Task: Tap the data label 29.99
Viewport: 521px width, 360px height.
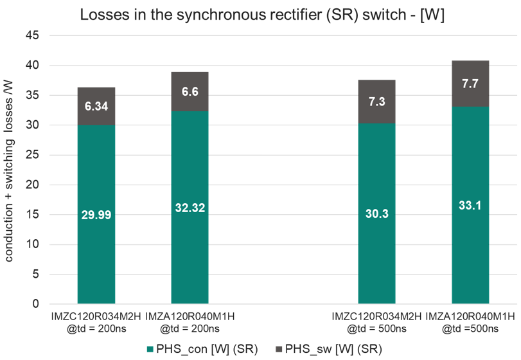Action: click(96, 215)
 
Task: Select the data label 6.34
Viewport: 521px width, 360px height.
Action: click(96, 106)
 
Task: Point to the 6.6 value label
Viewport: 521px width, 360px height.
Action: click(190, 91)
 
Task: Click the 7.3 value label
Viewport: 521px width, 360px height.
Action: click(377, 102)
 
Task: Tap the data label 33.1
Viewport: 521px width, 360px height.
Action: click(470, 206)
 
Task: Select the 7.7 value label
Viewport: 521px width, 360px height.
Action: click(470, 84)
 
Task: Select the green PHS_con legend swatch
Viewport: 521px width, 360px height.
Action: click(150, 349)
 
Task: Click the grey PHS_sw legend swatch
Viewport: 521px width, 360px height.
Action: click(278, 349)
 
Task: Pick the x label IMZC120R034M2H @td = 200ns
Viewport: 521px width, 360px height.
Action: click(96, 322)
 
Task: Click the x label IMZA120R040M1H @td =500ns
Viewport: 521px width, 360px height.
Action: click(470, 322)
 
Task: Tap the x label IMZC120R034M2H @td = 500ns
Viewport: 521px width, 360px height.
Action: click(377, 322)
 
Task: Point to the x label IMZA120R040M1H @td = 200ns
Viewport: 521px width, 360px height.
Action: click(190, 322)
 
